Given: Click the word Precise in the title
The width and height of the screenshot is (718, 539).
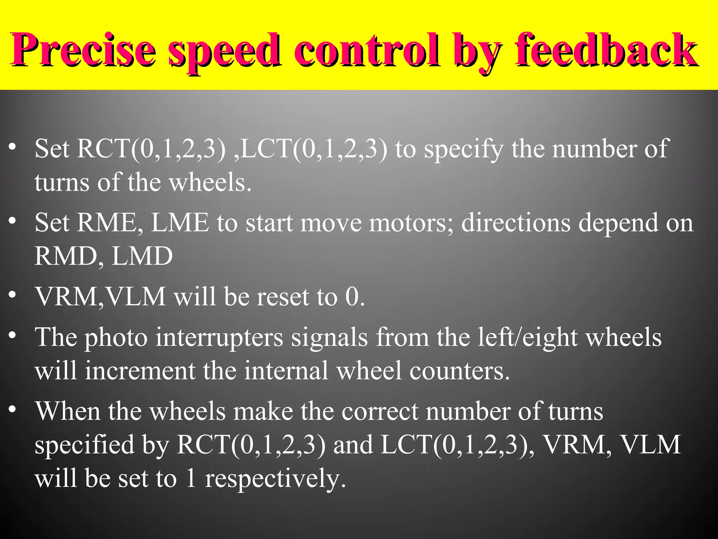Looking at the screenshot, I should coord(83,50).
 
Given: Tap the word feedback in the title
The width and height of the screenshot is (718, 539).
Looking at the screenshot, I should coord(605,50).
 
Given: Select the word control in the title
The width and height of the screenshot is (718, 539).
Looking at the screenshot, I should coord(367,50).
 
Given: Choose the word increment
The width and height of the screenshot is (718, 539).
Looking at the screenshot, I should coord(140,371).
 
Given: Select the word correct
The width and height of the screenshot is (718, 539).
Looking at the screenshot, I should coord(380,412).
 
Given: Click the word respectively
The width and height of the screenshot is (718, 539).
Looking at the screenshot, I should coord(276,479).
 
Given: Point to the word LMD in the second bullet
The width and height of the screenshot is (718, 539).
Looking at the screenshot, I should coord(142,256).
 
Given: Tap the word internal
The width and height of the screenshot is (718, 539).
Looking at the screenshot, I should coord(286,371).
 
